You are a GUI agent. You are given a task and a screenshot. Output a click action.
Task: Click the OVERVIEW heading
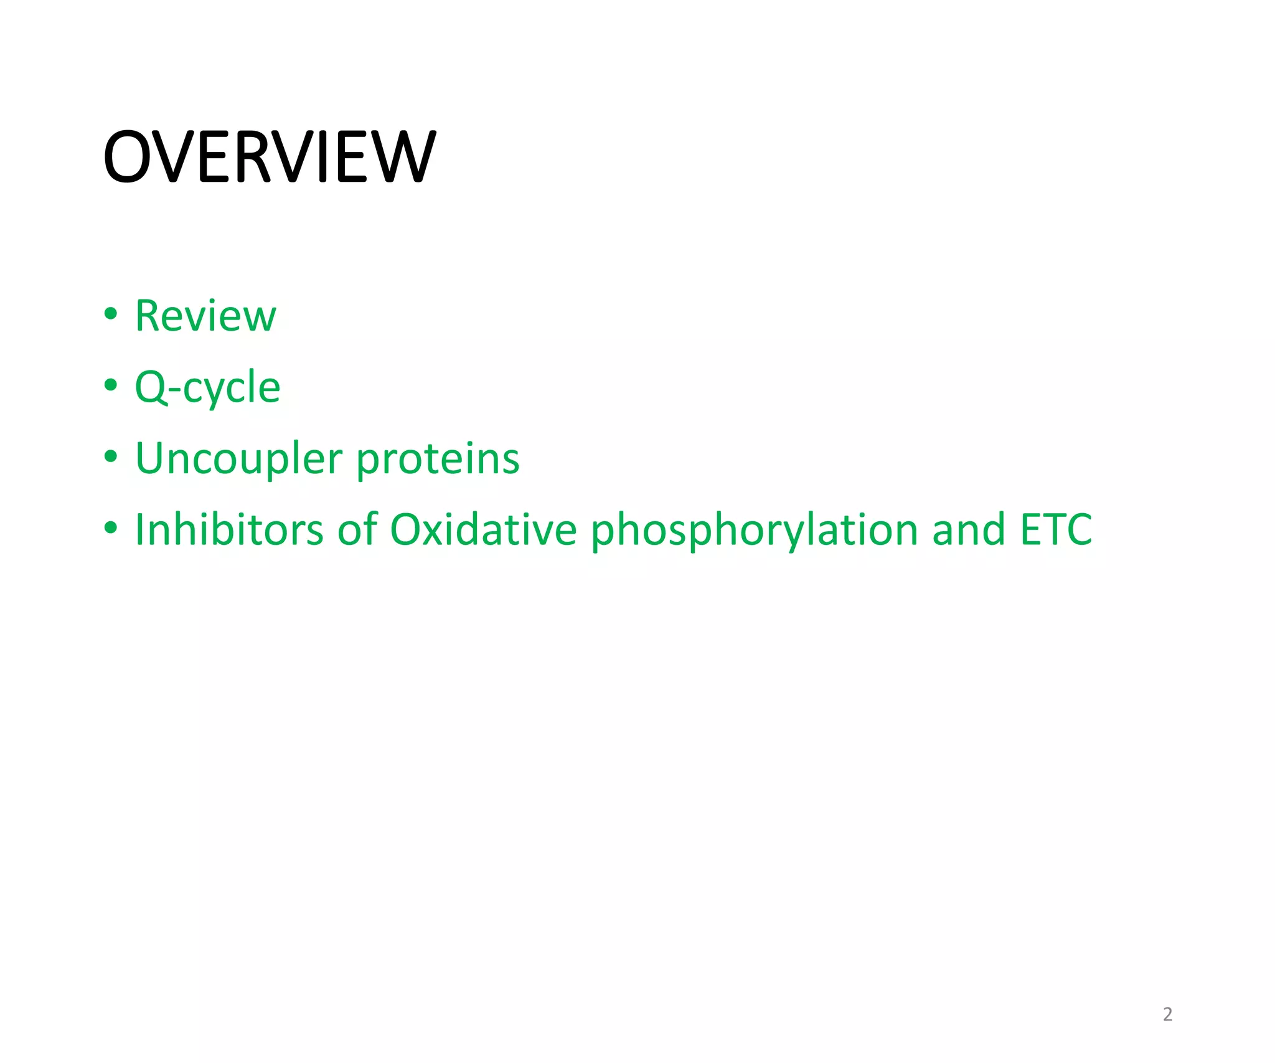[x=270, y=157]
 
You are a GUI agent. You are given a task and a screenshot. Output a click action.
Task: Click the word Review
[x=205, y=316]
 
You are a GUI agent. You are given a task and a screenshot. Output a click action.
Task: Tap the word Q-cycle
[x=207, y=387]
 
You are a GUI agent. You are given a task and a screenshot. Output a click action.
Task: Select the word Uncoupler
[x=238, y=459]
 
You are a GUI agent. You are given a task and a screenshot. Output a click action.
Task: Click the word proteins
[x=438, y=459]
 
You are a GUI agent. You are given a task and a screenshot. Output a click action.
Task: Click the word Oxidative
[x=483, y=530]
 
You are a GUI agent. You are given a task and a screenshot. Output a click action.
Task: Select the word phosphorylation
[x=754, y=530]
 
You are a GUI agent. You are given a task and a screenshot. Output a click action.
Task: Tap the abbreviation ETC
[x=1056, y=530]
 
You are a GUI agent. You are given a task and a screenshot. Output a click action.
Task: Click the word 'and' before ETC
[x=969, y=530]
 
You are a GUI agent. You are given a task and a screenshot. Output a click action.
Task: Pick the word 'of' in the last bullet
[x=357, y=530]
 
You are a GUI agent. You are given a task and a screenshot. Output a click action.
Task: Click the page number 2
[x=1167, y=1014]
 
